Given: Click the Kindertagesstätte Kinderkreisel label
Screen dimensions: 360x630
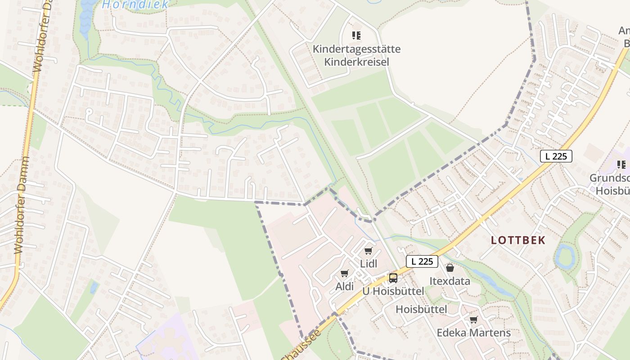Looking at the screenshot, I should point(356,55).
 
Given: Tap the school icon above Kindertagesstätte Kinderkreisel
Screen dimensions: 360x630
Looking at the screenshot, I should point(356,35).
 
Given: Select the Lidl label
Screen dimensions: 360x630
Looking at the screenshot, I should point(369,264).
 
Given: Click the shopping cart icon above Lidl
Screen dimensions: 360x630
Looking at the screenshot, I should point(369,251).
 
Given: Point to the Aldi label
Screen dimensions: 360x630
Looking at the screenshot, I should point(345,287).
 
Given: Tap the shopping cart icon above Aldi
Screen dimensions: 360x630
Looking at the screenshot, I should point(345,273).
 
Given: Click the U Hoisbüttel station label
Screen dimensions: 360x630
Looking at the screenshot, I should point(393,291).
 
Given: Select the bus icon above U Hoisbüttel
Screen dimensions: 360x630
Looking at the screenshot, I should point(393,278).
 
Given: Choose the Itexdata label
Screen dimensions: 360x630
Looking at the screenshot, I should point(450,281).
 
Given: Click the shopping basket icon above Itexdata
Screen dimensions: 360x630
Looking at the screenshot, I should point(450,268).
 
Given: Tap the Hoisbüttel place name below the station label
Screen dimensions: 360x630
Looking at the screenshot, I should point(421,309).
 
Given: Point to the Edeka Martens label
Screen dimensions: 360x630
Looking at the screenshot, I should point(473,333).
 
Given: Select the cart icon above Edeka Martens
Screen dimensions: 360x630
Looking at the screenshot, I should point(473,319).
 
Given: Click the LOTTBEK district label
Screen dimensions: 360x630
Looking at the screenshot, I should point(518,240).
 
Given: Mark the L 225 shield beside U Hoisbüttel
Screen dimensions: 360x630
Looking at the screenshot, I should point(422,261).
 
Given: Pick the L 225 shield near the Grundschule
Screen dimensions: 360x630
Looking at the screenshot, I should point(556,156).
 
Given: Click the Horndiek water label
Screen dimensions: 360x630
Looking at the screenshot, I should point(135,5).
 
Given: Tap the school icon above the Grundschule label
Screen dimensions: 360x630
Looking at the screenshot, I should point(621,164).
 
